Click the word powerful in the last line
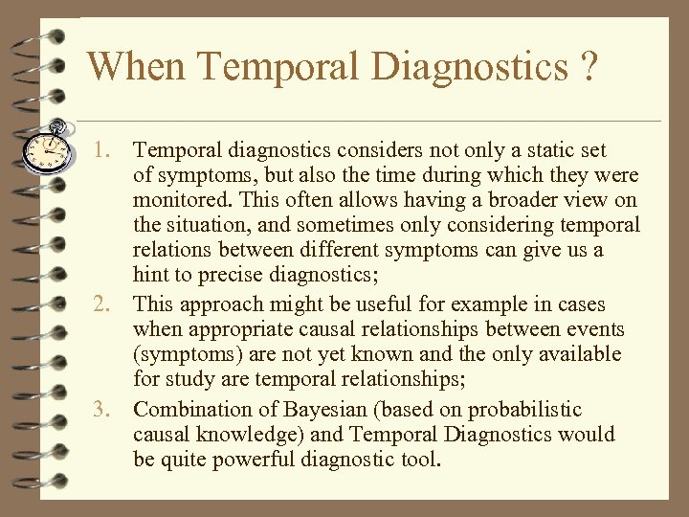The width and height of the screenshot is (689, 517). tap(253, 461)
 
